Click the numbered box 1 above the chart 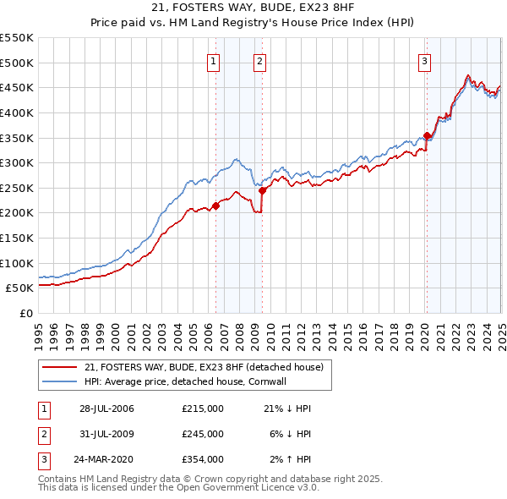coord(213,61)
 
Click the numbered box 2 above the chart coord(259,61)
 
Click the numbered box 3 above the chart coord(423,61)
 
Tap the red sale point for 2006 coord(216,205)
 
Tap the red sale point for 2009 coord(262,190)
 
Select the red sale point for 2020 coord(427,135)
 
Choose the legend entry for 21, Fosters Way coord(204,367)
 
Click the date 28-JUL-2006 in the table coord(106,409)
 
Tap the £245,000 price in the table coord(203,434)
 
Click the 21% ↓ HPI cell coord(288,409)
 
